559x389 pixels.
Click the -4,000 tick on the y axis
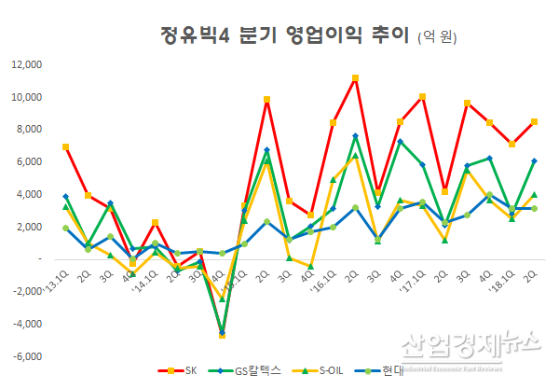[26, 324]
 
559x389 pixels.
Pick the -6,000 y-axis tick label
[26, 356]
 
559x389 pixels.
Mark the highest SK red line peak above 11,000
[355, 77]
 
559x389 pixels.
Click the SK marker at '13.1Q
[65, 146]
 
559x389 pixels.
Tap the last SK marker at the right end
[533, 121]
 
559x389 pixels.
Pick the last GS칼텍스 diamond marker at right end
[533, 160]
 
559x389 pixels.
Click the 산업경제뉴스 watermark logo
[470, 347]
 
